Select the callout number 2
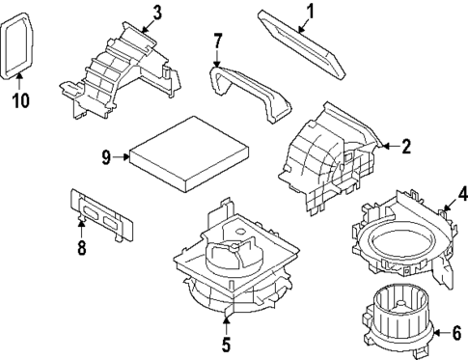[x=406, y=147]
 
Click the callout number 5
[x=226, y=342]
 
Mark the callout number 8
[x=82, y=249]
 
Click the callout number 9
[x=108, y=155]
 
